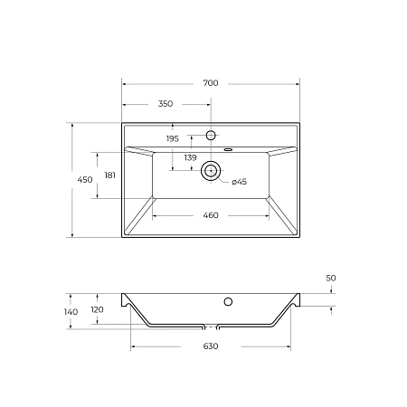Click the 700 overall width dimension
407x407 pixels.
211,83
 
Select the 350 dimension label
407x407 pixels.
166,104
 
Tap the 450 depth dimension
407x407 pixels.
85,181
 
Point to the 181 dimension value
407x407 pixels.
110,175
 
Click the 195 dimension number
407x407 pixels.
173,138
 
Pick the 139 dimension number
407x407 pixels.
190,158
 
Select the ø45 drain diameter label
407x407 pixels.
239,182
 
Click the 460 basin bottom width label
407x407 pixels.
211,215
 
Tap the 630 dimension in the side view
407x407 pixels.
210,345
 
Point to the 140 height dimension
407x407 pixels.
71,312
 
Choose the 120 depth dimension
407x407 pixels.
97,309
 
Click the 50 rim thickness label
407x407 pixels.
330,278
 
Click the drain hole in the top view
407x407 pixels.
211,169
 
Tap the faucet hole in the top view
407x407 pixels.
211,136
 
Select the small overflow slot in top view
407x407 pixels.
228,148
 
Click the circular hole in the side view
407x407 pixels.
228,300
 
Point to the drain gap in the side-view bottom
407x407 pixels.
211,327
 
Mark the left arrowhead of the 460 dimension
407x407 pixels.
155,215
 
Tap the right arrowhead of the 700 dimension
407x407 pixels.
297,83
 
